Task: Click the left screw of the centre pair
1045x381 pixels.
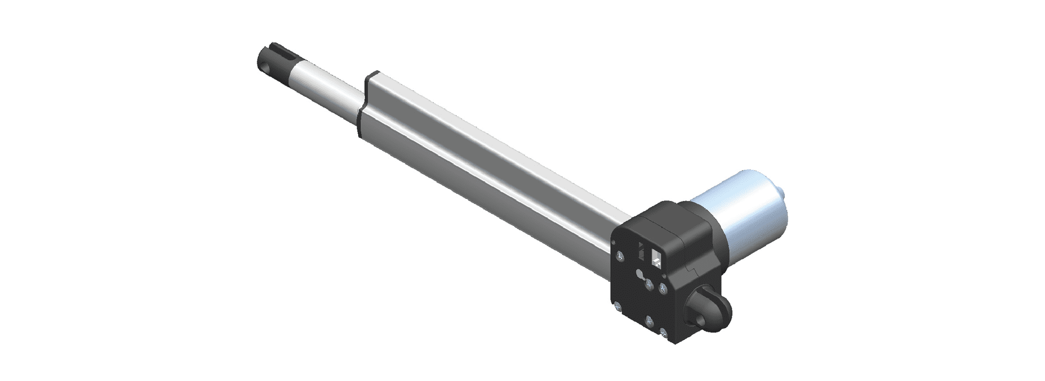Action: [x=649, y=284]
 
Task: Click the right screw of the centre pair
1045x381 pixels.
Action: [x=663, y=289]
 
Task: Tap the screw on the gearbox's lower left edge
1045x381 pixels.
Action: [x=617, y=306]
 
